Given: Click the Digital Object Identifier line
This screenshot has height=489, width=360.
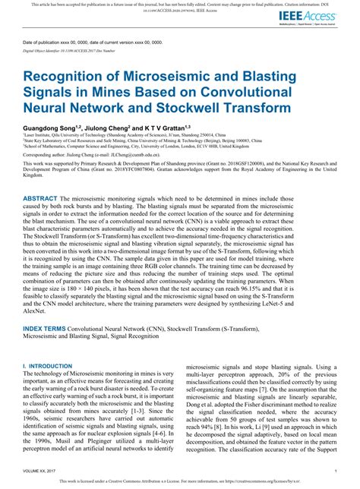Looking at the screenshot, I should pyautogui.click(x=72, y=49).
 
